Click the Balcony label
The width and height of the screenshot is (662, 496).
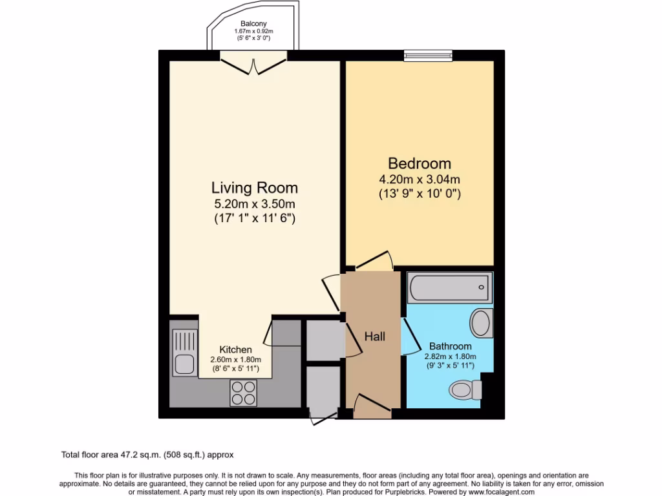(x=253, y=24)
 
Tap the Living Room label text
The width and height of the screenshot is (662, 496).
(x=255, y=188)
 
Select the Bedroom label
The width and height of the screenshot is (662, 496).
(x=420, y=163)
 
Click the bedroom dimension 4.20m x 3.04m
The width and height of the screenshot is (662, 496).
(x=420, y=180)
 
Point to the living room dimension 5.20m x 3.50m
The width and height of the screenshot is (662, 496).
(x=255, y=204)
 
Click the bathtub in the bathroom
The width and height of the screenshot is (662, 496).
(x=450, y=287)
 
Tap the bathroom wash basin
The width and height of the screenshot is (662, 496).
(x=481, y=323)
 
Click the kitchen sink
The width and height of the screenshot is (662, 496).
(x=185, y=353)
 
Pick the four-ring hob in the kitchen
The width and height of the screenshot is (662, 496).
(x=243, y=393)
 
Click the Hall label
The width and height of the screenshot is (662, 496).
(x=374, y=336)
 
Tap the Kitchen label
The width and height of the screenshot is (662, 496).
(x=235, y=349)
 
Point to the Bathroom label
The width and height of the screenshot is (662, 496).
(x=451, y=346)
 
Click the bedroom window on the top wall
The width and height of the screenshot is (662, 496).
(x=428, y=56)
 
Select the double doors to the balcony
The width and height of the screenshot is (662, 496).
(x=253, y=64)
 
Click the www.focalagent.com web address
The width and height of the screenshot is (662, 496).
(x=502, y=491)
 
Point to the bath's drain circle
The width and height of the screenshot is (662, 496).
(x=481, y=287)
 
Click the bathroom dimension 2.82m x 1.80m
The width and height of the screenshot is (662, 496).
(x=451, y=356)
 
